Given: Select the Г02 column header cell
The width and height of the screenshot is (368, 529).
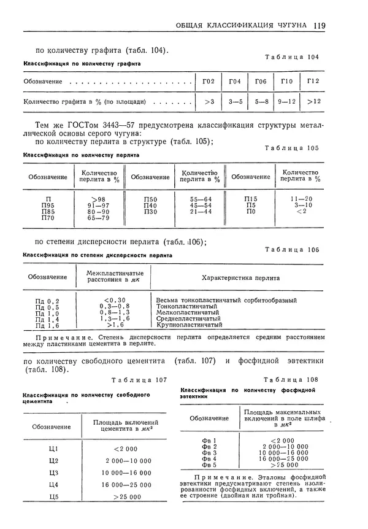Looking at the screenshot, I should point(208,81).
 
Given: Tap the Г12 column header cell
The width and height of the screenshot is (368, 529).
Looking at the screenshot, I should point(313,81).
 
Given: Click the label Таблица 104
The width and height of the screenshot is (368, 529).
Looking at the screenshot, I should point(291,57).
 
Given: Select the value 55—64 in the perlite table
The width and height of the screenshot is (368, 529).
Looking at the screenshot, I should point(201,199).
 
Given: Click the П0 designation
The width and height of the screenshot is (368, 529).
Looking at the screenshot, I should point(250,211).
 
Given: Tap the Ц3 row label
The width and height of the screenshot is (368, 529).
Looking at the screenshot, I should point(53,473).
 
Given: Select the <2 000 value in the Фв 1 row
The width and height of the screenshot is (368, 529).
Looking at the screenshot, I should point(282,440).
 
